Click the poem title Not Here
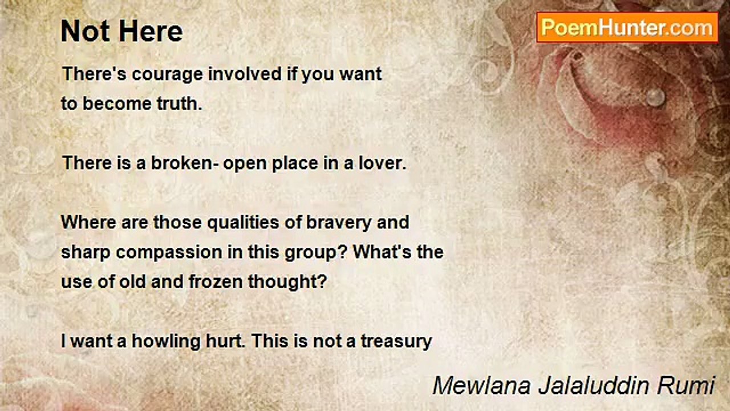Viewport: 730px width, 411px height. click(x=121, y=31)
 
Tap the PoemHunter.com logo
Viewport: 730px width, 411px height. click(x=627, y=27)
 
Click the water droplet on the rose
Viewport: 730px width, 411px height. click(x=655, y=96)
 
